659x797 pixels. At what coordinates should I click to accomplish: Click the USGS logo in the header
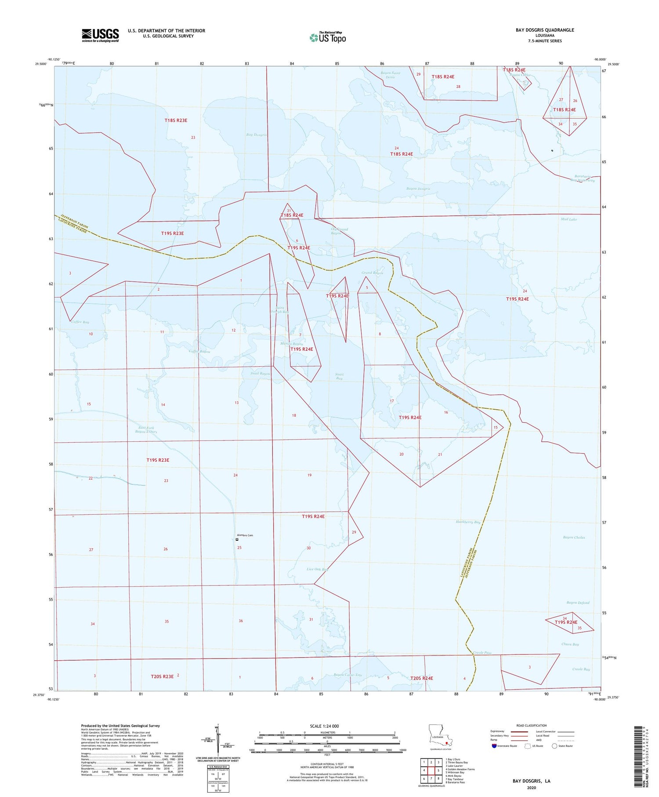click(x=100, y=35)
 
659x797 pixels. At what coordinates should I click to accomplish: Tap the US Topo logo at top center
click(x=327, y=38)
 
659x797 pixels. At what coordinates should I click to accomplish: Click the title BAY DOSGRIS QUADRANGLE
click(x=545, y=30)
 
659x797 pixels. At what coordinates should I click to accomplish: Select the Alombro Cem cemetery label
click(x=245, y=535)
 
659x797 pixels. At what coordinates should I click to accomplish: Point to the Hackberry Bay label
click(x=468, y=522)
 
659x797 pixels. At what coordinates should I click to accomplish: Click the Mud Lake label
click(x=568, y=219)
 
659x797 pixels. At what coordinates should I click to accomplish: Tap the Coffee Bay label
click(x=80, y=322)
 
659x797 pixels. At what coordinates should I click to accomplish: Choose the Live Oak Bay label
click(x=317, y=569)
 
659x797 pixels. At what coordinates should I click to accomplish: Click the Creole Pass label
click(x=482, y=653)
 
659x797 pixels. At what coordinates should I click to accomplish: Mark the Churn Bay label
click(x=570, y=644)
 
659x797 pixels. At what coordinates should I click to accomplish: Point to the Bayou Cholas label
click(x=574, y=537)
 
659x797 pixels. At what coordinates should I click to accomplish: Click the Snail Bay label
click(x=339, y=376)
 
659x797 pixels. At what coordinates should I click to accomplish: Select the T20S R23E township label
click(x=162, y=677)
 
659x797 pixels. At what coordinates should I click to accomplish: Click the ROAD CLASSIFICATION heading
click(x=532, y=725)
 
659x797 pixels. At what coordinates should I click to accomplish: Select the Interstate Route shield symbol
click(x=494, y=746)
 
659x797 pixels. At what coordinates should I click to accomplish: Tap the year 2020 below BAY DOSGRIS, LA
click(x=531, y=787)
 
